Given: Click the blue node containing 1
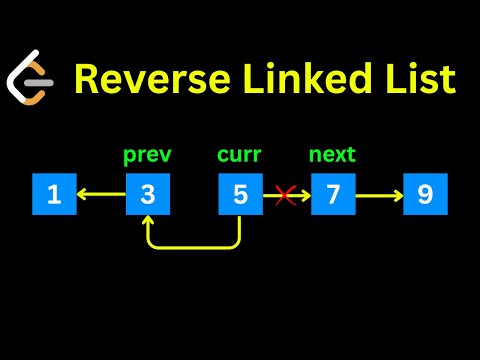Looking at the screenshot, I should pos(54,195).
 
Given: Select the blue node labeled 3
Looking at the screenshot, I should pos(147,195).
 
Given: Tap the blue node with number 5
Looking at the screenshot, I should pos(240,195).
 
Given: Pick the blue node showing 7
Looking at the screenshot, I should pos(333,195).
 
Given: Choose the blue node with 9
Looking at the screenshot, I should pos(425,195).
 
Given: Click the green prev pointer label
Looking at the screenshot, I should pos(147,157).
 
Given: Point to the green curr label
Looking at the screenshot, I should pos(240,157).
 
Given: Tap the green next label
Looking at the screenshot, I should pos(333,157).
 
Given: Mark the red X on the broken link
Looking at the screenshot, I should pos(284,196).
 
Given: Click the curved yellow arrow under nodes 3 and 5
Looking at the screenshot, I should pos(194,244).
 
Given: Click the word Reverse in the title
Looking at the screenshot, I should pos(143,79).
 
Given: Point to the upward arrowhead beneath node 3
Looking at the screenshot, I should pos(148,224).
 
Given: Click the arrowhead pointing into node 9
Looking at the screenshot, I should pos(397,196).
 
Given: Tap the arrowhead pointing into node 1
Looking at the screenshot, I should pos(81,196).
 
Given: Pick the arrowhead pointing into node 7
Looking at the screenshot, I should pos(304,196).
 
